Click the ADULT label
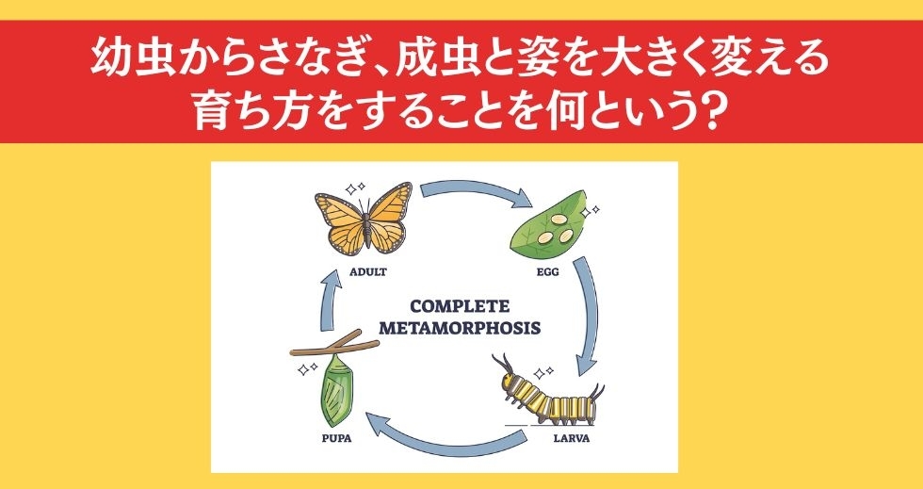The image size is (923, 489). (368, 272)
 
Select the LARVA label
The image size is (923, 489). (571, 438)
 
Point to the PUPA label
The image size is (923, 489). (337, 438)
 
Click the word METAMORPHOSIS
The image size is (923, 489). (460, 328)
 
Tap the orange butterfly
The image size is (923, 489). (364, 219)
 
